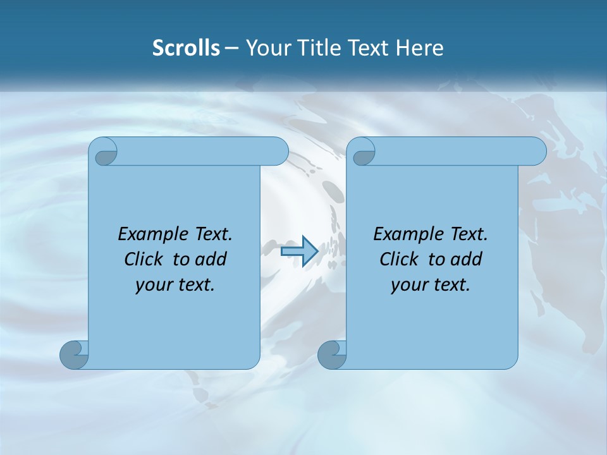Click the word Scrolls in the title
point(187,48)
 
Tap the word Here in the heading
point(419,48)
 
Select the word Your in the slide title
point(266,48)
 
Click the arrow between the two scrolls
point(299,252)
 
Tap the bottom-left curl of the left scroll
point(74,355)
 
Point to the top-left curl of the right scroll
point(363,152)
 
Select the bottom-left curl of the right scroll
point(332,355)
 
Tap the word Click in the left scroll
point(143,260)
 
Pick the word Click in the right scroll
point(398,260)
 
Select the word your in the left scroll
point(152,286)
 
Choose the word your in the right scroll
point(407,286)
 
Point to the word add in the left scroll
point(211,260)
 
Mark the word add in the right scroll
point(467,260)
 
